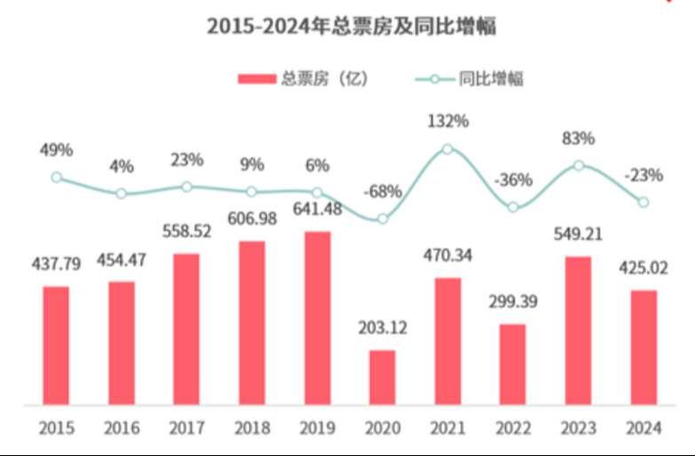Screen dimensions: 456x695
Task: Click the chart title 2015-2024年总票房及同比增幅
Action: [351, 27]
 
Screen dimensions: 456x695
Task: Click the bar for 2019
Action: [316, 318]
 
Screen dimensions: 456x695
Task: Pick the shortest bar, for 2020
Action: [382, 377]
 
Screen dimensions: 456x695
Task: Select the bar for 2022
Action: [512, 364]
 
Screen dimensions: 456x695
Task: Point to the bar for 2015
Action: [56, 345]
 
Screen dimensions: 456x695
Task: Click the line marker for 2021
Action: [447, 149]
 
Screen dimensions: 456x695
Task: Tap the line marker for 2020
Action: [382, 219]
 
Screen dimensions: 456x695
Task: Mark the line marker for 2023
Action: [578, 166]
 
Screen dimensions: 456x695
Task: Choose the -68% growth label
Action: [382, 190]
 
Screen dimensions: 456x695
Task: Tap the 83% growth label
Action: [578, 137]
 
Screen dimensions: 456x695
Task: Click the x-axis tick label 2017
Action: [186, 429]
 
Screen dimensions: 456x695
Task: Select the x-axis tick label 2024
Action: [643, 429]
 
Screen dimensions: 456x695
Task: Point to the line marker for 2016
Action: [121, 193]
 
